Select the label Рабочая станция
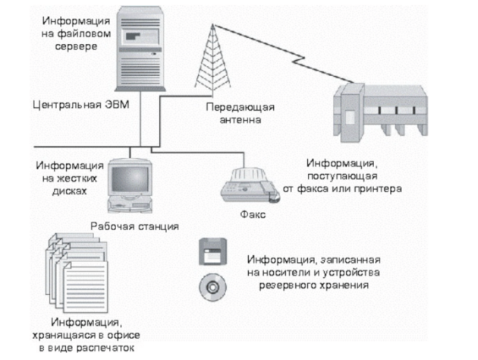point(134,226)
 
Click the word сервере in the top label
point(77,47)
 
